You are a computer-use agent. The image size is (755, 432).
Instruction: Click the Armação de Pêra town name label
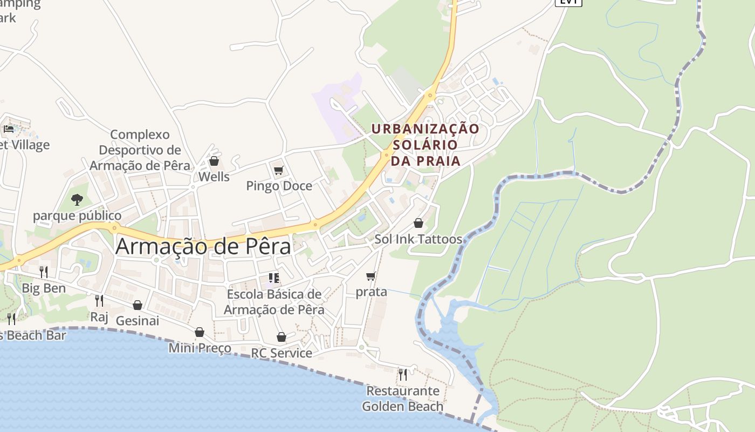tap(203, 247)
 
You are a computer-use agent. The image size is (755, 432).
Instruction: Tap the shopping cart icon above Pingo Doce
tap(279, 171)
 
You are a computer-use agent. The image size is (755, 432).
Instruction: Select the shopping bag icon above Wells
tap(214, 161)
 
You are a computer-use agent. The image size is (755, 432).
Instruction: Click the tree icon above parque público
tap(77, 200)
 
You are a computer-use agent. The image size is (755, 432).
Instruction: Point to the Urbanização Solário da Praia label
tap(425, 145)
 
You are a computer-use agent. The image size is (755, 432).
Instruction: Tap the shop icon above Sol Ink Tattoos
tap(418, 223)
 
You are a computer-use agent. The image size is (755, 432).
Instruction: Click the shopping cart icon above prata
tap(371, 276)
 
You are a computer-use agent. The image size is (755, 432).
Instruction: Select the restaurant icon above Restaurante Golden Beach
tap(402, 374)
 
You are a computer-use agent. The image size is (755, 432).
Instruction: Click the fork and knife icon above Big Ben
tap(44, 272)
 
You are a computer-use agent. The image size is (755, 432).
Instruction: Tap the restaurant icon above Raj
tap(99, 300)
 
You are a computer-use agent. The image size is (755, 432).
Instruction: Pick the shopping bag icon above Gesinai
tap(138, 305)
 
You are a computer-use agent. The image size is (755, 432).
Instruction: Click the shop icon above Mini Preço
tap(200, 332)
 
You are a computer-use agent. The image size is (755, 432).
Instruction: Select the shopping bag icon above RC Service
tap(282, 337)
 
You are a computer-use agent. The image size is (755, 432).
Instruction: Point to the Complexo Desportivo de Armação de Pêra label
tap(140, 150)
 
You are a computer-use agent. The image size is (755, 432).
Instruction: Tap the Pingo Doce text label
tap(279, 186)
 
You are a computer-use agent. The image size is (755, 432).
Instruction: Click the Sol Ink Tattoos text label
tap(418, 239)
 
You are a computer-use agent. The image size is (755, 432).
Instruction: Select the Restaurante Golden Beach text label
tap(402, 399)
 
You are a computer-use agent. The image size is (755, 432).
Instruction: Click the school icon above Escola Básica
tap(274, 278)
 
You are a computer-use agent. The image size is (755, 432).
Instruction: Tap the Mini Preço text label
tap(200, 348)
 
